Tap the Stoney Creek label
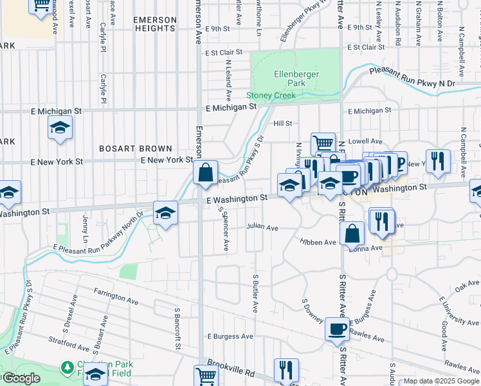pos(271,96)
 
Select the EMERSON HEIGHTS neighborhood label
pos(154,24)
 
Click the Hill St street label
pos(283,123)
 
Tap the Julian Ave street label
pos(262,228)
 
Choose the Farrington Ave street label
pos(116,300)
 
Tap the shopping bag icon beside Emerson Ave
pos(205,173)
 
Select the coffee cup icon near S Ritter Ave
pos(337,329)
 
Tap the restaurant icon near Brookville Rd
pos(286,371)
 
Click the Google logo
pos(20,378)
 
